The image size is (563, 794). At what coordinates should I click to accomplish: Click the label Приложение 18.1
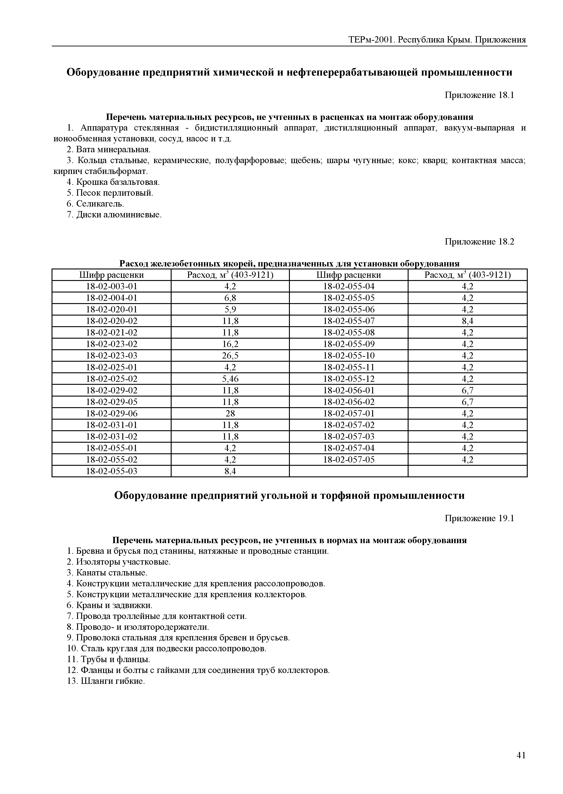click(479, 95)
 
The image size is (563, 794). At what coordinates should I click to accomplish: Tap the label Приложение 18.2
click(479, 242)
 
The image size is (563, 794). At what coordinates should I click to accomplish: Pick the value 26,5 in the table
click(230, 356)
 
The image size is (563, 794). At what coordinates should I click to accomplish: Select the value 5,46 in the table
click(230, 379)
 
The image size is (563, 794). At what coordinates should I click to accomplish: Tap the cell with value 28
click(230, 414)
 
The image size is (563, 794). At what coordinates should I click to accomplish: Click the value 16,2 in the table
click(230, 344)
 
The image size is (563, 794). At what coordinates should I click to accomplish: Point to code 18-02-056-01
click(349, 391)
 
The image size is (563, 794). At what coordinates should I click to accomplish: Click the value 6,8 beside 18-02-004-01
click(230, 298)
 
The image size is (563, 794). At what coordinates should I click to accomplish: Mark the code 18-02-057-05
click(349, 460)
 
